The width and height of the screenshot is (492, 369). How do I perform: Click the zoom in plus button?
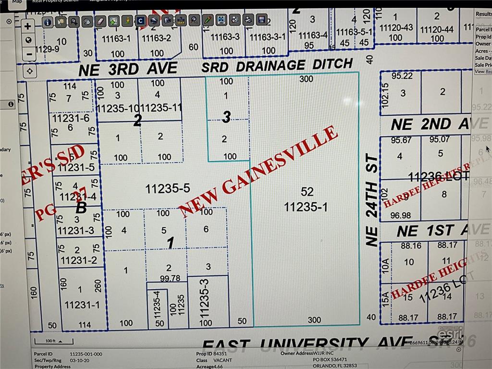click(x=28, y=26)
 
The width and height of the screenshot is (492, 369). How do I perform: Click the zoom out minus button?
click(x=28, y=54)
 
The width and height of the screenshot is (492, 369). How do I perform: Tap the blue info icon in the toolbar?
click(x=48, y=22)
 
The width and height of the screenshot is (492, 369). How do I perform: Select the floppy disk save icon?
click(x=261, y=20)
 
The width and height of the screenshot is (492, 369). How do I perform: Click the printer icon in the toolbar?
click(x=153, y=21)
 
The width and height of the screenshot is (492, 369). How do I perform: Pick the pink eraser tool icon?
click(x=100, y=21)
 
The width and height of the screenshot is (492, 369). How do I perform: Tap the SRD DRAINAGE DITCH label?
click(x=277, y=65)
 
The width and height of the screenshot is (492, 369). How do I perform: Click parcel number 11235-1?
click(x=306, y=207)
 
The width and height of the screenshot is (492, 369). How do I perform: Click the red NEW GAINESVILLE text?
click(x=258, y=170)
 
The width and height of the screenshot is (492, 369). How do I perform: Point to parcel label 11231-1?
click(x=82, y=304)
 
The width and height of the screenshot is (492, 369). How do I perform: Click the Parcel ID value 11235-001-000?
click(x=86, y=354)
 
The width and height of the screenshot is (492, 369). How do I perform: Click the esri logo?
click(x=450, y=333)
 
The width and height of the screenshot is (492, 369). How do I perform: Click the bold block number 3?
click(x=227, y=117)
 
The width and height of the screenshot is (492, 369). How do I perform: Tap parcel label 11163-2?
click(x=157, y=37)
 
